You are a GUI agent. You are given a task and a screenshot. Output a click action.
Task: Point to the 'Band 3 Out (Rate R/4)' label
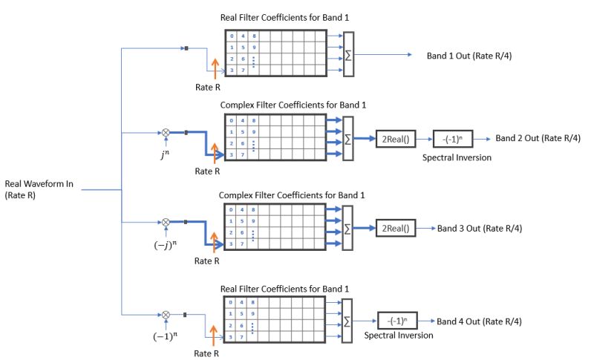coord(480,228)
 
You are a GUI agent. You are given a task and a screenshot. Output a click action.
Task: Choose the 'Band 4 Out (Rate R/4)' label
coord(479,321)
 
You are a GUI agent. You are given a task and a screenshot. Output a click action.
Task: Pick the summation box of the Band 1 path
coord(349,54)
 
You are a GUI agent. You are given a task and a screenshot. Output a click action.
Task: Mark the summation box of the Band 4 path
coord(349,322)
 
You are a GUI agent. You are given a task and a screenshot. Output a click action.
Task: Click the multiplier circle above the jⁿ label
coord(166,133)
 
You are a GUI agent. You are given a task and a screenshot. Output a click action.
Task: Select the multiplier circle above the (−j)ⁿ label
coord(166,222)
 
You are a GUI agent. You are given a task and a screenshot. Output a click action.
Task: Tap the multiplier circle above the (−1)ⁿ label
coord(166,315)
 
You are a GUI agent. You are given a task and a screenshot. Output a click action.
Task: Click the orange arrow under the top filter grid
coord(215,69)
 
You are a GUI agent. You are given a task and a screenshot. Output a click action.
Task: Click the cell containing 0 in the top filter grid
coord(232,36)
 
